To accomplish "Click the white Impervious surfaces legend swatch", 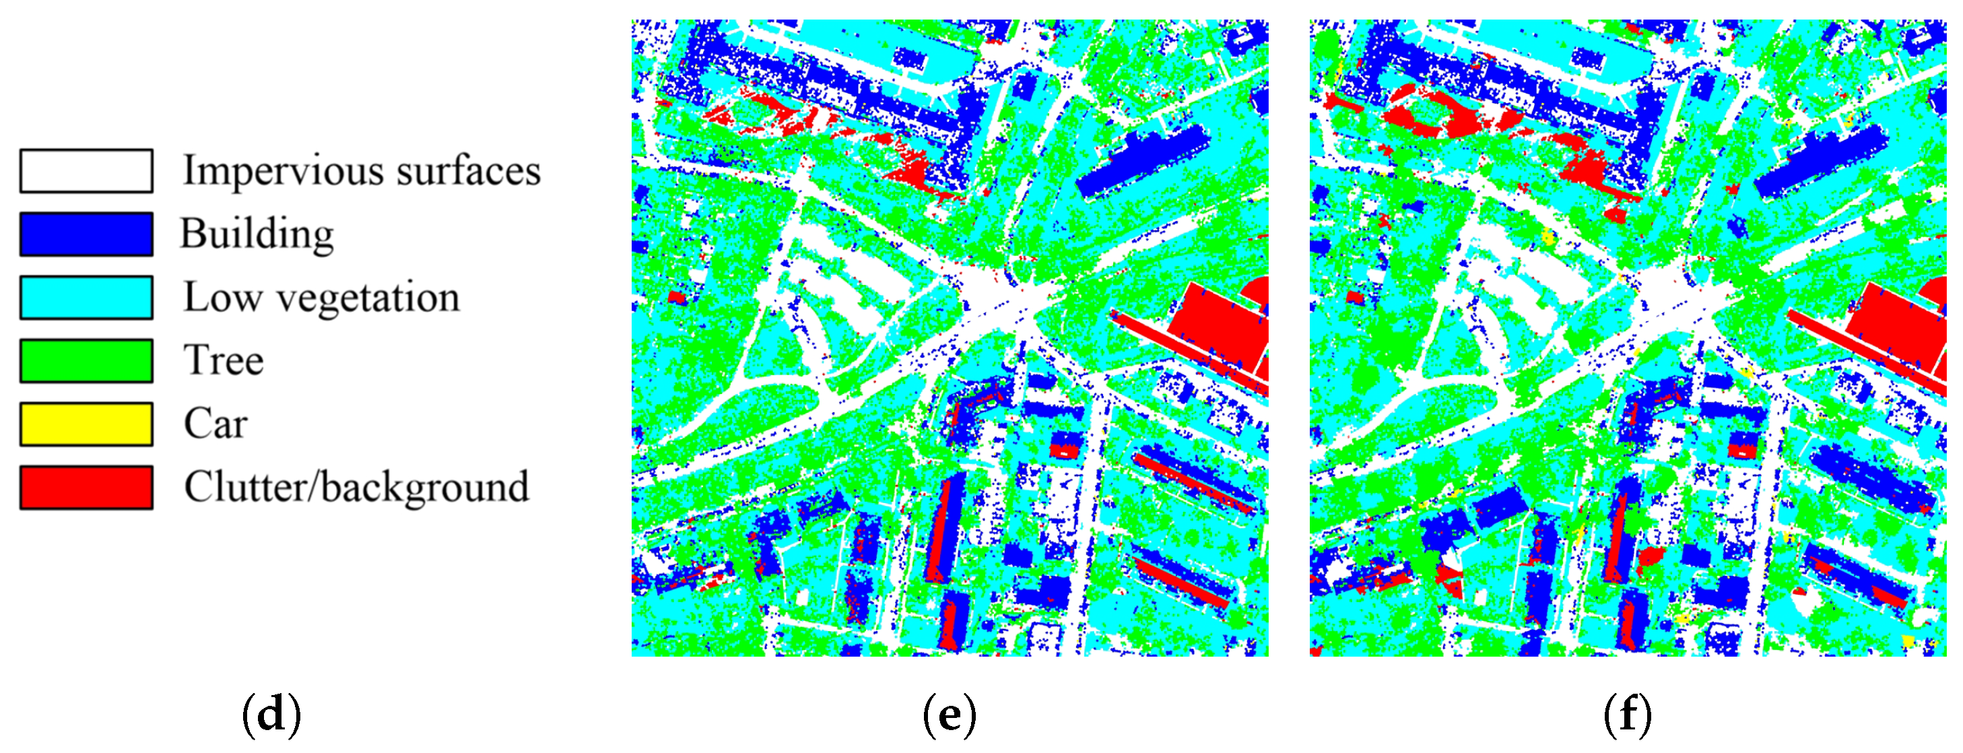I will (x=86, y=170).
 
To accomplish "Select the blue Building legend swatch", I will (x=86, y=234).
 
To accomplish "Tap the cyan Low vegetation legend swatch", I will (x=86, y=297).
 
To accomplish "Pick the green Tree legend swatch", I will (x=86, y=360).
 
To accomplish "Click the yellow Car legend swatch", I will (x=86, y=424).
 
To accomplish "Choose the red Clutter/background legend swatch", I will (x=86, y=487).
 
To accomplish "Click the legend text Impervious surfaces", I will (x=361, y=170).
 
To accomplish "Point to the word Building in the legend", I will (x=257, y=234).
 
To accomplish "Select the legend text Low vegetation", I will (x=322, y=297).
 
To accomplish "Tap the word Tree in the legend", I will (x=224, y=360).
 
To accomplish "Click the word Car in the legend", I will (x=215, y=424).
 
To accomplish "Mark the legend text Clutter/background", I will (x=356, y=487).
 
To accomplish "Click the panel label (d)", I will (x=271, y=715).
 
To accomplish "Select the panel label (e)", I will (x=949, y=715).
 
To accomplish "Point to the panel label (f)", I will (x=1627, y=715).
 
